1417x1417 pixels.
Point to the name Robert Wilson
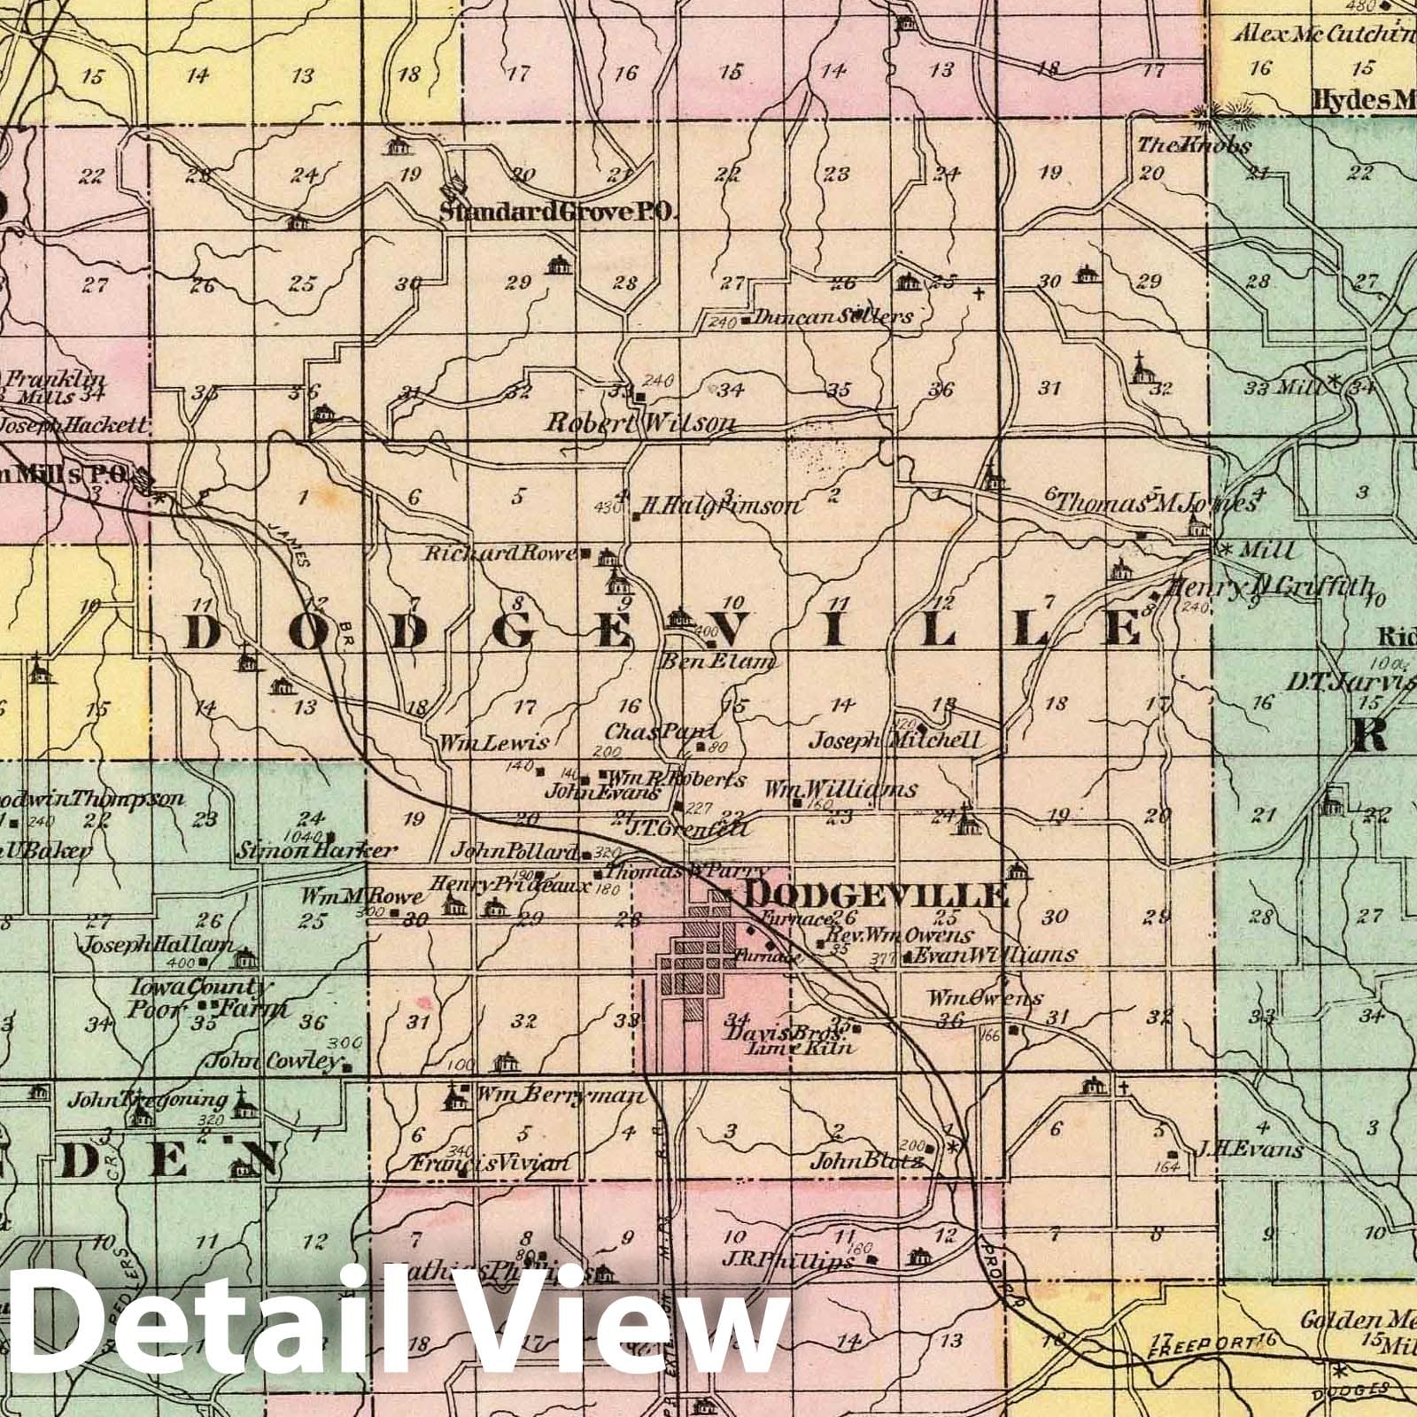(639, 423)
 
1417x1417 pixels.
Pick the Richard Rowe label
(500, 554)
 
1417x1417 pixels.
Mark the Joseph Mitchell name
(896, 739)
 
